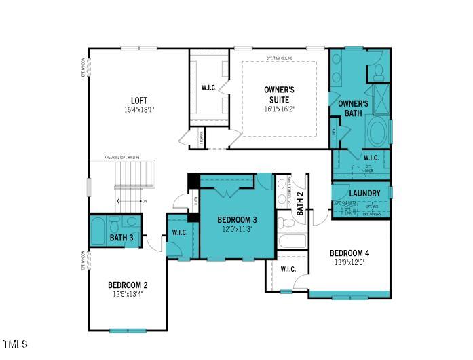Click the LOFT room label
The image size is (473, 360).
(x=139, y=101)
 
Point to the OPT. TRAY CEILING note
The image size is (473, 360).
(x=279, y=58)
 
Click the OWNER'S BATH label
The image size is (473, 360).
(x=353, y=108)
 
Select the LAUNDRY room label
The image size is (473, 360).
(x=364, y=194)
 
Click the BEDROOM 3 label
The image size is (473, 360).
(x=237, y=220)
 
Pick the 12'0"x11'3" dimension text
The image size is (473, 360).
(x=237, y=230)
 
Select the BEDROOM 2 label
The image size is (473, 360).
(x=127, y=285)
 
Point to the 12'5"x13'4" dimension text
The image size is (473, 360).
(x=127, y=294)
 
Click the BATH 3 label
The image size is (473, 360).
(x=122, y=238)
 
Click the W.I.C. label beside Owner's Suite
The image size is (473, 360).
(x=208, y=88)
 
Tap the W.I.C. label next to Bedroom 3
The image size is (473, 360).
(x=179, y=232)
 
